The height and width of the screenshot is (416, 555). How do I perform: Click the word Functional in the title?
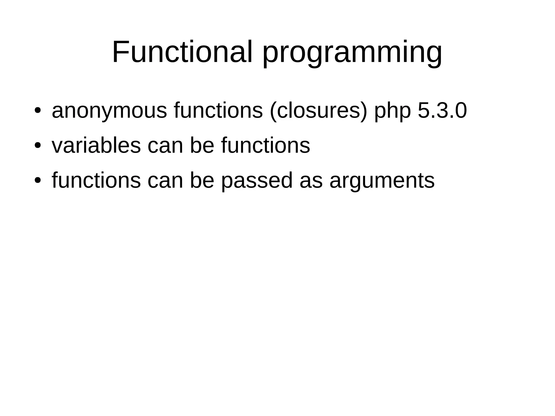coord(182,52)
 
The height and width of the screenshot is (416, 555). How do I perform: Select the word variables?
coord(96,146)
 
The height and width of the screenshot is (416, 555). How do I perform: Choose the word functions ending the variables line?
coord(266,146)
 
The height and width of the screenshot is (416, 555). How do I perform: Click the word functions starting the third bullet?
coord(96,180)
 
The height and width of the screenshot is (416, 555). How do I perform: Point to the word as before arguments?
coord(311,180)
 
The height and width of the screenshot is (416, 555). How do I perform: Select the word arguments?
coord(382,180)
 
